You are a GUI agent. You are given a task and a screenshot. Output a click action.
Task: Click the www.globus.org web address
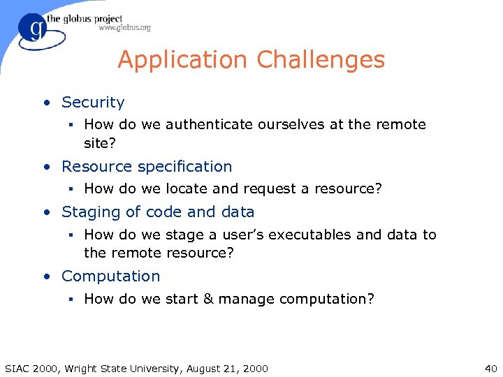124,28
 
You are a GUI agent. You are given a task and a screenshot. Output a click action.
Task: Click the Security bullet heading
93,103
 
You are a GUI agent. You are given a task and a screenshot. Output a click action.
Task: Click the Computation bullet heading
110,276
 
